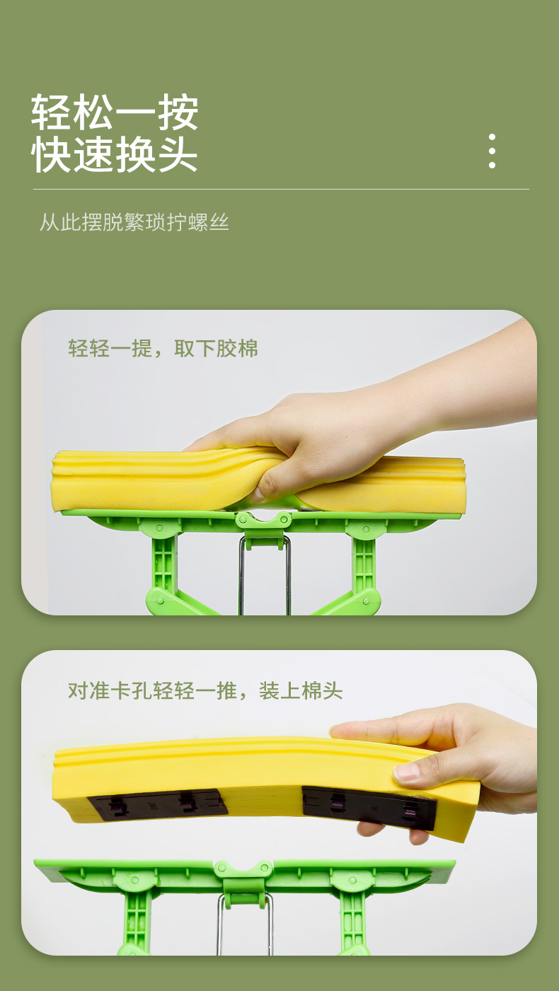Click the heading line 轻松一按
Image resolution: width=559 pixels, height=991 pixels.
(115, 112)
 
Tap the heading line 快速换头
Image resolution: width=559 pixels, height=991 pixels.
(115, 154)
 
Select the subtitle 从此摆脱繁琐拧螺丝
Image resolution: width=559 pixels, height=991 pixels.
(134, 221)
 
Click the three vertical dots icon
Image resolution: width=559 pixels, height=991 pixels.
(492, 151)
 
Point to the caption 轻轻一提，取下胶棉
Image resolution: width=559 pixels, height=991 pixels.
(163, 348)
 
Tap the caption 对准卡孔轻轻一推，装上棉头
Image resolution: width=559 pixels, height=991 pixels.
(205, 690)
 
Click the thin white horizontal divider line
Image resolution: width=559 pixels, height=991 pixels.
(281, 189)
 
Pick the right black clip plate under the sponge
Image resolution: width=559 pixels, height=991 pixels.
(368, 806)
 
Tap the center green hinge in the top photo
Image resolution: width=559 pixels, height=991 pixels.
(263, 528)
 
